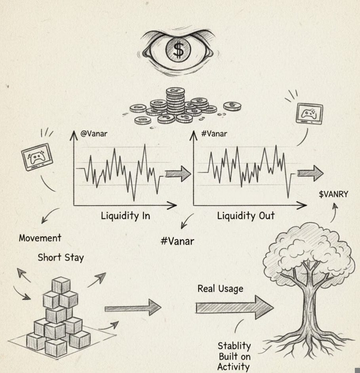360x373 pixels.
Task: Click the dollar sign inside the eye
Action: (179, 50)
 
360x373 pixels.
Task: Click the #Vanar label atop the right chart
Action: (214, 134)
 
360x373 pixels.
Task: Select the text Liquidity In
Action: (125, 216)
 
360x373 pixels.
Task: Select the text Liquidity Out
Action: (246, 216)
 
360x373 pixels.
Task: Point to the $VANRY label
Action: (333, 194)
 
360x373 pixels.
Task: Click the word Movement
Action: (40, 238)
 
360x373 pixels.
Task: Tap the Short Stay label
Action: (61, 258)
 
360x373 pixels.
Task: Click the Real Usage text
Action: (220, 289)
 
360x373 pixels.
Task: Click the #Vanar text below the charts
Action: (177, 241)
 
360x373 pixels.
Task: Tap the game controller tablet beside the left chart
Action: (37, 157)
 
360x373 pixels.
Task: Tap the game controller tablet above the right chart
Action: (309, 113)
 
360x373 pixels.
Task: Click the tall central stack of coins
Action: (175, 101)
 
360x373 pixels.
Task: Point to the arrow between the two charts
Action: (178, 174)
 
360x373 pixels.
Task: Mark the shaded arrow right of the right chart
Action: (310, 173)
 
